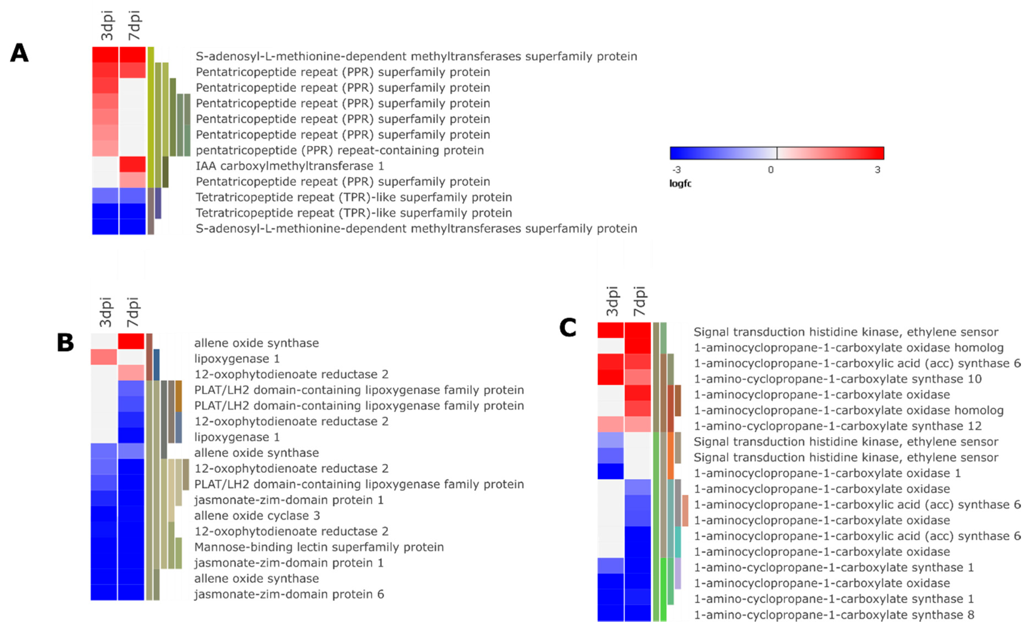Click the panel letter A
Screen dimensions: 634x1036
coord(19,53)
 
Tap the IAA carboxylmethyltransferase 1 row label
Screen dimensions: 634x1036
coord(290,166)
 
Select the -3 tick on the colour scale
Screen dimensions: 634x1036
coord(677,170)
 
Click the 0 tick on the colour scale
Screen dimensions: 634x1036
coord(770,170)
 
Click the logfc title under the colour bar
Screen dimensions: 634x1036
coord(680,183)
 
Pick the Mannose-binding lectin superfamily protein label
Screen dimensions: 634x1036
coord(319,547)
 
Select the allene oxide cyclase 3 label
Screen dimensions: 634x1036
coord(257,515)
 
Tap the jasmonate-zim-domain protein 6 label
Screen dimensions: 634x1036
coord(289,594)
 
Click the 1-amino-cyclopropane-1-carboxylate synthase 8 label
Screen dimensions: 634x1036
coord(834,615)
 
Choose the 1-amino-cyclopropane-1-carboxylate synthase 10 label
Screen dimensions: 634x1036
coord(838,379)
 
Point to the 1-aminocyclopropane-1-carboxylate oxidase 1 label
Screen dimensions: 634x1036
coord(827,473)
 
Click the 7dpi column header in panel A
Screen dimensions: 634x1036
coord(134,25)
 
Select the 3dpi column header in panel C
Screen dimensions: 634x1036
coord(612,301)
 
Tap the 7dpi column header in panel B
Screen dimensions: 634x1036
coord(132,312)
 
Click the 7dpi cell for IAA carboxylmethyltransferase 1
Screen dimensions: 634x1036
coord(132,164)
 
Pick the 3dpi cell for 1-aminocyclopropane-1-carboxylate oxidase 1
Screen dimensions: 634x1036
coord(611,471)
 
